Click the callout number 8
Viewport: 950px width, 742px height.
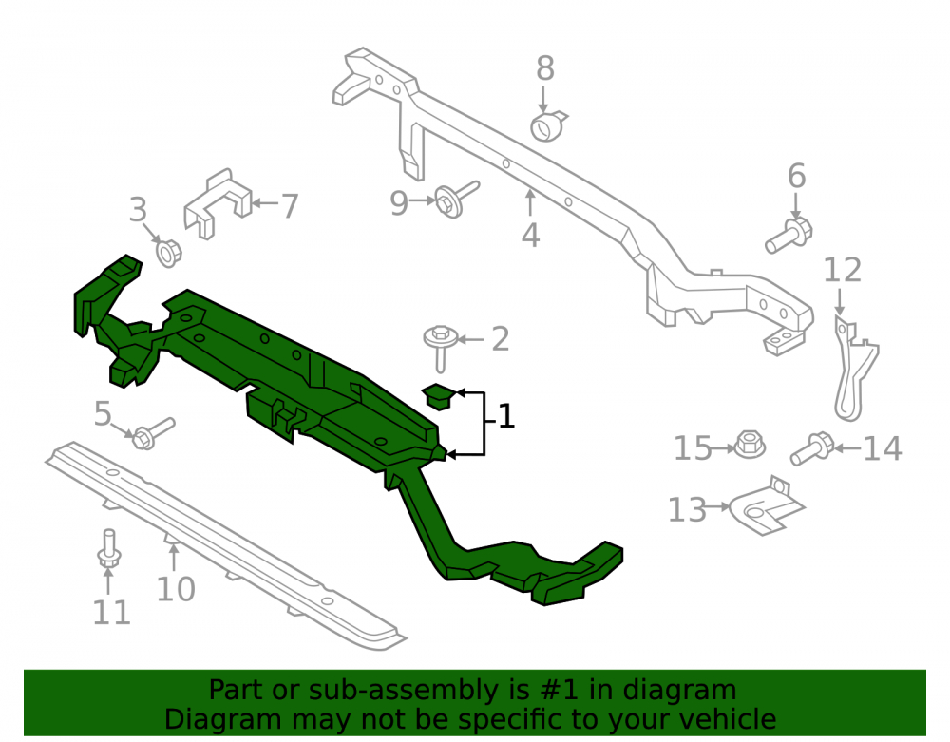pyautogui.click(x=544, y=68)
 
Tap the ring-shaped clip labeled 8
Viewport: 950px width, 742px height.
pyautogui.click(x=548, y=126)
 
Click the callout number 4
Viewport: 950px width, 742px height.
pyautogui.click(x=530, y=236)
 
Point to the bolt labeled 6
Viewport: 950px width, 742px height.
pyautogui.click(x=788, y=235)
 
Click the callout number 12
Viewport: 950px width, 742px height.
pyautogui.click(x=842, y=270)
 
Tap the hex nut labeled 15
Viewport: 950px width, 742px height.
pyautogui.click(x=750, y=445)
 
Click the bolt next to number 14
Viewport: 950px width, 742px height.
pyautogui.click(x=812, y=448)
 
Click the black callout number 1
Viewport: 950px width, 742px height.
pyautogui.click(x=506, y=417)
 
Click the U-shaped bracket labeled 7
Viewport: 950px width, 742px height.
pyautogui.click(x=217, y=203)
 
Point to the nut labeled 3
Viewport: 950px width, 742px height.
pyautogui.click(x=168, y=253)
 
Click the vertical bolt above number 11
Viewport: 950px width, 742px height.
pyautogui.click(x=108, y=549)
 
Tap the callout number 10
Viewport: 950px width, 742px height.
pyautogui.click(x=176, y=589)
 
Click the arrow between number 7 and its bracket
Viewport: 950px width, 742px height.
pyautogui.click(x=264, y=203)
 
